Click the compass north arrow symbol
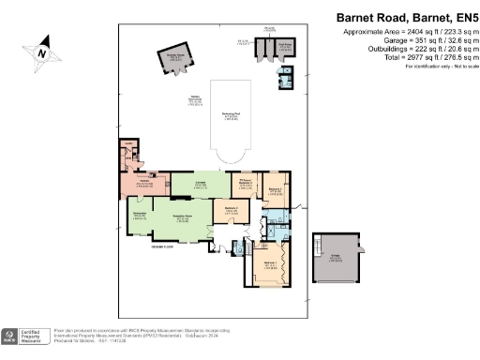coord(40,54)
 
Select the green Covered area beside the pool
coord(200,184)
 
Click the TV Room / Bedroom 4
coord(246,186)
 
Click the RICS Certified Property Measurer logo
coord(26,337)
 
